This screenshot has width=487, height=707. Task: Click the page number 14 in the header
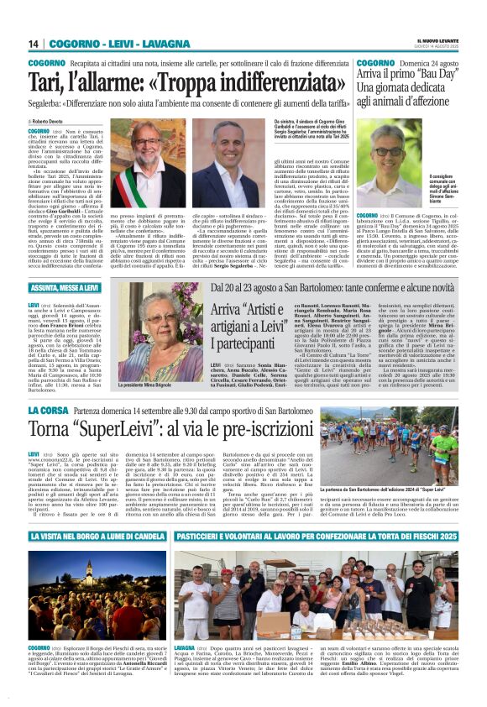point(34,44)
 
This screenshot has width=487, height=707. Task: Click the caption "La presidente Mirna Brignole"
point(151,385)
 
